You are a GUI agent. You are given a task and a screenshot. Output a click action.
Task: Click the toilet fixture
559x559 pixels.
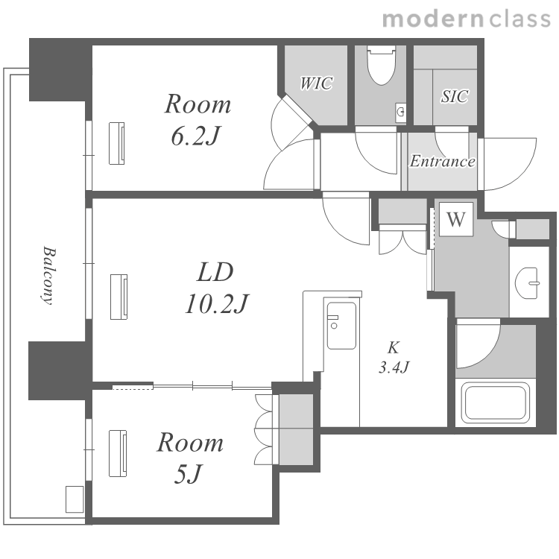[x=381, y=66]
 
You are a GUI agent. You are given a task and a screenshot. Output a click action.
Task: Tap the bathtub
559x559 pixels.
[x=496, y=402]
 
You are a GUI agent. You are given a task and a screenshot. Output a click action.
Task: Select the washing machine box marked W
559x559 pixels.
[x=456, y=219]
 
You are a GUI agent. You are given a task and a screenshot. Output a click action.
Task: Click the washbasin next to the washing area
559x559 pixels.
[x=526, y=283]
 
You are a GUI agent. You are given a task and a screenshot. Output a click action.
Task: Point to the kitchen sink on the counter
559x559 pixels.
[x=341, y=326]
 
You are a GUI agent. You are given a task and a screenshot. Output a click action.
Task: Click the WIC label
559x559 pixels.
[x=316, y=83]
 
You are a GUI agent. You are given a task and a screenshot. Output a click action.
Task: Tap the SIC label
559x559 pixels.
[x=455, y=96]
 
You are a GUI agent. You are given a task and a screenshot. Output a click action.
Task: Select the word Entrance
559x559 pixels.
[x=442, y=161]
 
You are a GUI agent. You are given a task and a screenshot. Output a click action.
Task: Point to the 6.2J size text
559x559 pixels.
[x=195, y=136]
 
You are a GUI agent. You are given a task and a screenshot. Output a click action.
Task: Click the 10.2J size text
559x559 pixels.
[x=216, y=304]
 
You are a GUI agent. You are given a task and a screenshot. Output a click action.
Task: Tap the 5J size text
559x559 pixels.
[x=189, y=473]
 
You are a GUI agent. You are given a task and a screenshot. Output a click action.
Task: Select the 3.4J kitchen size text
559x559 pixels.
[x=394, y=367]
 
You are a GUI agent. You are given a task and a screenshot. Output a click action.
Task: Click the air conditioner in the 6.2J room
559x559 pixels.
[x=116, y=143]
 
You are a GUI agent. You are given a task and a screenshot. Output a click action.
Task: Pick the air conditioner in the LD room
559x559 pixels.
[x=119, y=297]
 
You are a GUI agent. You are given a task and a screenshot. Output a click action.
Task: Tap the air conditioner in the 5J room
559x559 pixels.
[x=118, y=453]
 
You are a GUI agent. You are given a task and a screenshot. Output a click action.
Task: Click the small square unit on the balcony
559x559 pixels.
[x=75, y=499]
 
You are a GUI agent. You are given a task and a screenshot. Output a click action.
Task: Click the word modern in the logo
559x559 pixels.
[x=433, y=19]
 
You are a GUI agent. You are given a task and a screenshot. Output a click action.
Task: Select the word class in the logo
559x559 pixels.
[x=519, y=19]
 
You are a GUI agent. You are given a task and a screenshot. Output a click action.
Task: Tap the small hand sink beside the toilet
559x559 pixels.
[x=401, y=113]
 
